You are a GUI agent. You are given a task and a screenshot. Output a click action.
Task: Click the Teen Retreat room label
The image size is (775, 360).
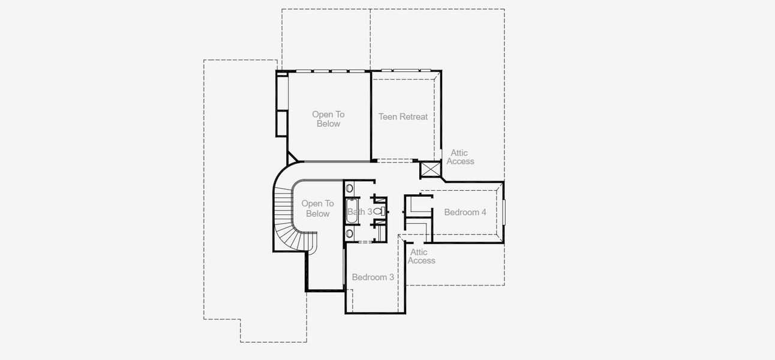(403, 116)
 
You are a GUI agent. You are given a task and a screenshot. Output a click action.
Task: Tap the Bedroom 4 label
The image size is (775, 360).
(465, 212)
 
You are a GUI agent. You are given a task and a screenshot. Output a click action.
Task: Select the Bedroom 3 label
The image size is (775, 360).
(373, 277)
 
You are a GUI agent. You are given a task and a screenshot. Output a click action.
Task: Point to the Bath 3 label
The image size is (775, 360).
(360, 211)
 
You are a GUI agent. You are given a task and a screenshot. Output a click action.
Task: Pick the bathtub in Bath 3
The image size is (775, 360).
(353, 211)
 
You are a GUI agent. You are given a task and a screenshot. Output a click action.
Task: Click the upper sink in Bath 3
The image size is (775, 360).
(350, 188)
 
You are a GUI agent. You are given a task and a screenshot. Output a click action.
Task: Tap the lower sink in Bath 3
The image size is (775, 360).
(350, 233)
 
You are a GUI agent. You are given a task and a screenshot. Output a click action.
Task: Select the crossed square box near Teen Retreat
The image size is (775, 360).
(430, 169)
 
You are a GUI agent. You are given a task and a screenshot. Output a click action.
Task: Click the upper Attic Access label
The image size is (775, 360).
(461, 157)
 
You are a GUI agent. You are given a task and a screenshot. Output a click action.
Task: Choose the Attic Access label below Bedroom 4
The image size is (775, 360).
(421, 256)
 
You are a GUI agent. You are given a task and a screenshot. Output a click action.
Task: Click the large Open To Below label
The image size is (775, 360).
(328, 119)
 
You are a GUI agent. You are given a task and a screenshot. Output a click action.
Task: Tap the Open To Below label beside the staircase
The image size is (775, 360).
(317, 208)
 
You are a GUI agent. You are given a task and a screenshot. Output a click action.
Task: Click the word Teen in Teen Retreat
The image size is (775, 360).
(388, 116)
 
